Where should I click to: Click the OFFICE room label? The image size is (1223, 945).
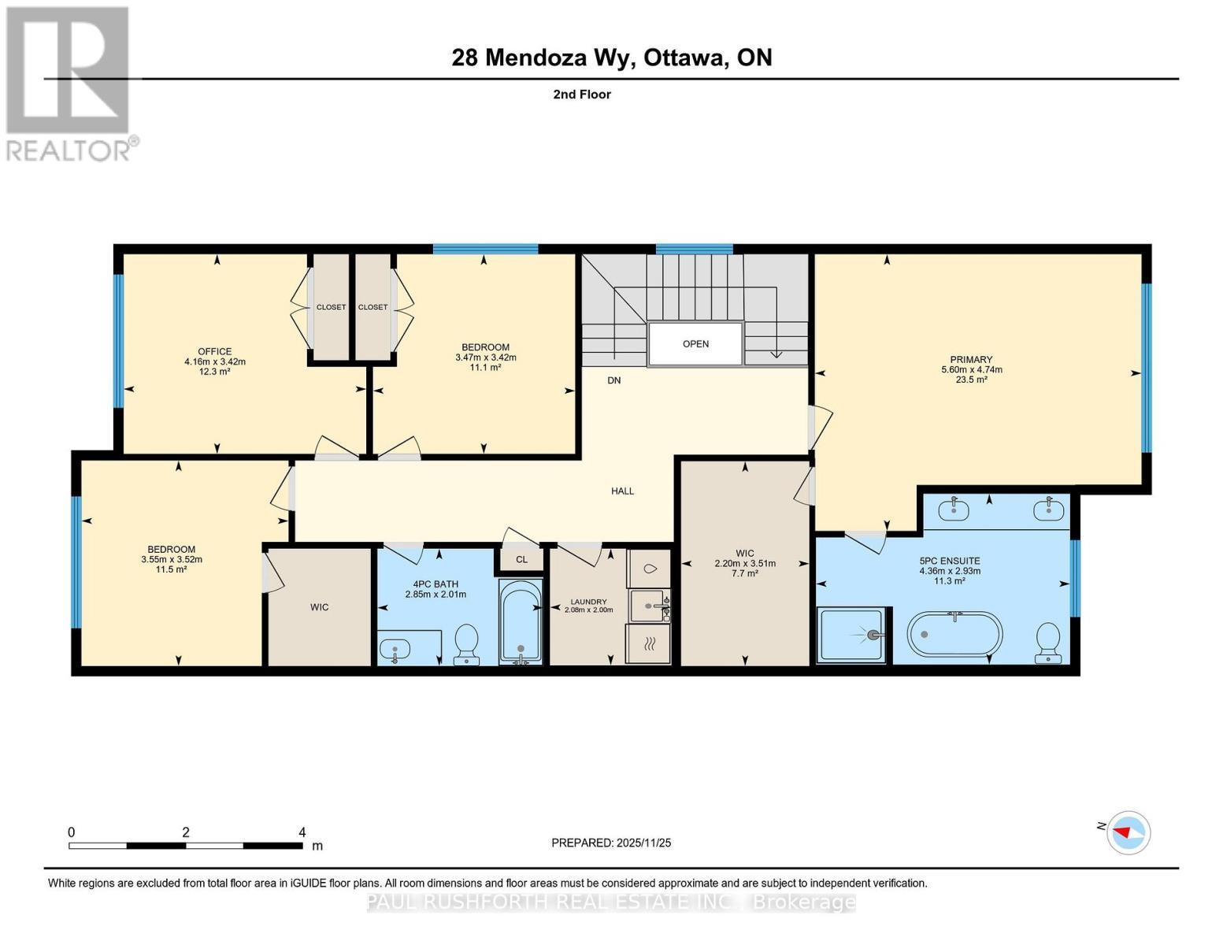coord(214,352)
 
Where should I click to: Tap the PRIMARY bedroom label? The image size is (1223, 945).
coord(971,360)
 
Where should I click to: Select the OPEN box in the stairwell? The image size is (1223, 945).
coord(695,344)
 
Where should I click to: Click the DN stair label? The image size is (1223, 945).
coord(613,380)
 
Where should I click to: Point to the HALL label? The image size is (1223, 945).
coord(622,491)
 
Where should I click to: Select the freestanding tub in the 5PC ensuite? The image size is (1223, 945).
coord(955,633)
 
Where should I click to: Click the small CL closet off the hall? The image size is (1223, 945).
coord(521,559)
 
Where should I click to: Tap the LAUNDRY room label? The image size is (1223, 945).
coord(588,602)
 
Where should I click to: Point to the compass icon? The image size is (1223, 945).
coord(1128,832)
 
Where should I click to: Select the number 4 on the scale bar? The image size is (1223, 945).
coord(302,832)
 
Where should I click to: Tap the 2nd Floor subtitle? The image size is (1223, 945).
coord(582,94)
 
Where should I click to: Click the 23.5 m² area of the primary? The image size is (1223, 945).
coord(971,380)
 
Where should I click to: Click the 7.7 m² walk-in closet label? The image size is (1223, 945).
coord(744,574)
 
